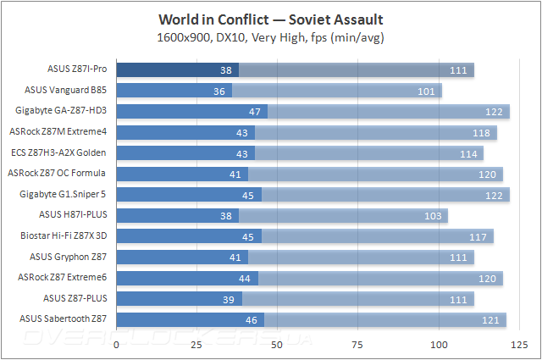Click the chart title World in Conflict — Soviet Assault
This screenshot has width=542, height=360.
[x=270, y=18]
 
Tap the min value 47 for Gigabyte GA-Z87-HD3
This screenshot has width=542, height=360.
[x=254, y=111]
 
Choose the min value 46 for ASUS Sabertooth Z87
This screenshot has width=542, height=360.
[x=251, y=319]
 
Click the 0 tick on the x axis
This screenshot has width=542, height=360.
[x=116, y=344]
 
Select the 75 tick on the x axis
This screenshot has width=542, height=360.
[x=358, y=344]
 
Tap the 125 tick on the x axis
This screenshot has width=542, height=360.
[x=519, y=344]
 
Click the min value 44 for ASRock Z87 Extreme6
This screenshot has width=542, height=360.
[x=245, y=278]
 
